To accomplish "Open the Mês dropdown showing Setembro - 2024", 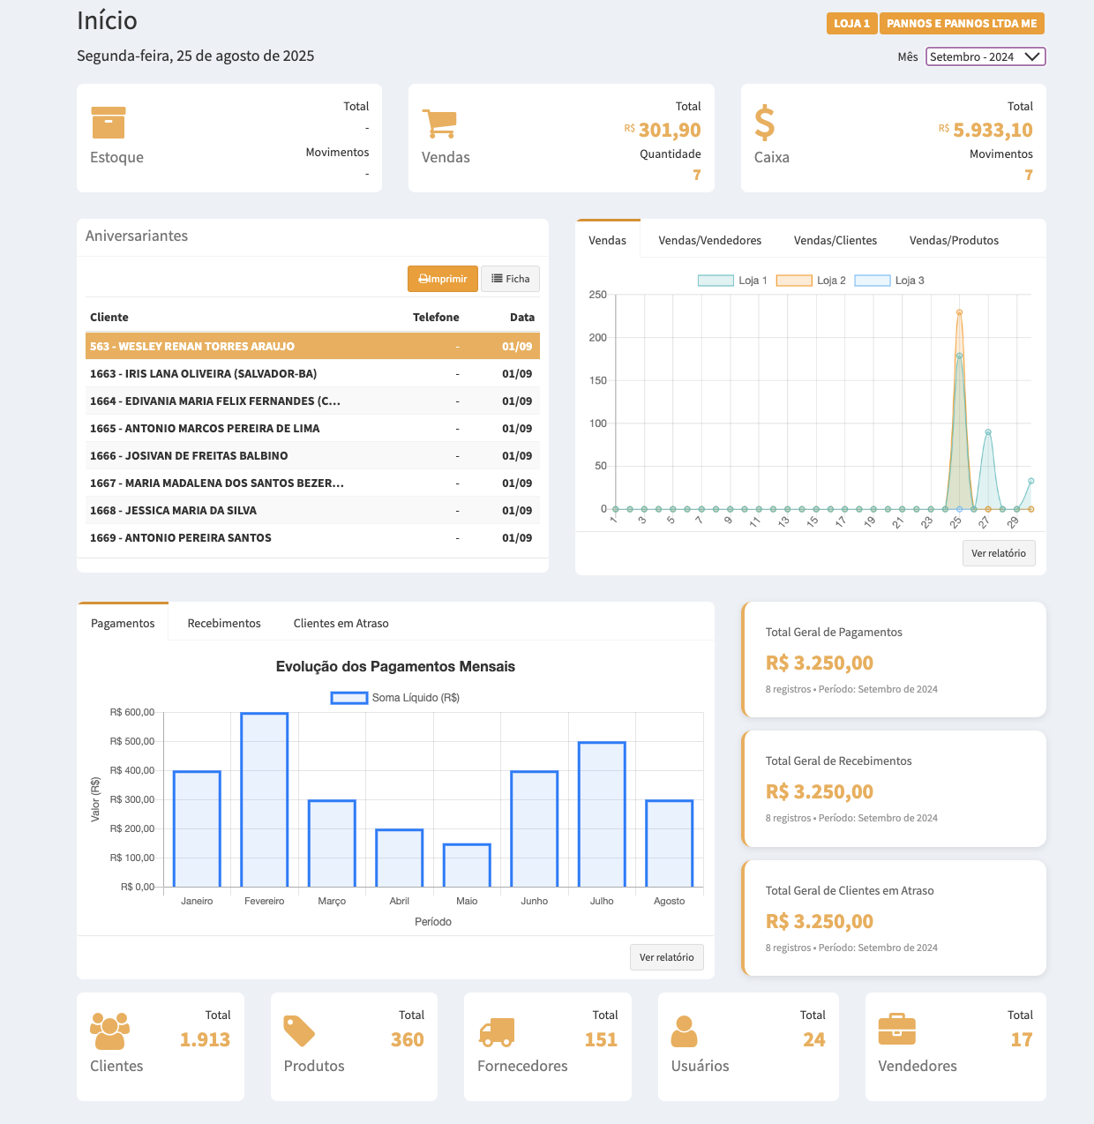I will [x=985, y=56].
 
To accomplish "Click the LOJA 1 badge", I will [x=851, y=24].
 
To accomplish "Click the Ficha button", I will [x=510, y=279].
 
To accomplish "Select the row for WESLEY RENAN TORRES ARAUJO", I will [x=312, y=346].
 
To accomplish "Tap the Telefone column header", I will [x=436, y=317].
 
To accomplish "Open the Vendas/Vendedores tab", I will [x=709, y=240].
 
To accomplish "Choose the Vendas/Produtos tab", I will [x=954, y=240].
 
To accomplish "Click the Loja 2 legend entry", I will [x=811, y=281].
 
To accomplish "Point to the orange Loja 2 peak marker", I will [x=959, y=312].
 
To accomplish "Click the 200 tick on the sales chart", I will [x=598, y=337].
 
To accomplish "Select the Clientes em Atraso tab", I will [x=341, y=623].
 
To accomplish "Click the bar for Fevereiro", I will [x=265, y=799].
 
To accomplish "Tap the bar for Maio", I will [x=467, y=865].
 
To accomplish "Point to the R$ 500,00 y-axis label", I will [x=132, y=741].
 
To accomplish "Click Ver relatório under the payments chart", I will [x=666, y=957].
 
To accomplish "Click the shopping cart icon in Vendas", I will [x=439, y=124].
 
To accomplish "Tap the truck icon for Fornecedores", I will [x=497, y=1030].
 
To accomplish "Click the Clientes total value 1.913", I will [x=205, y=1039].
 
